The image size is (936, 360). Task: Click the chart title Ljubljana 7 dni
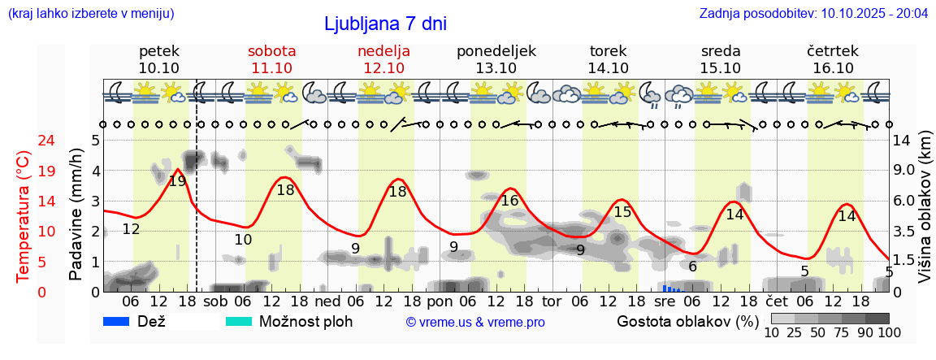385,24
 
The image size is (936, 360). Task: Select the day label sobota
271,51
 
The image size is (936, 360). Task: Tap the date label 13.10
496,68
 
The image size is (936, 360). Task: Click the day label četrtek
833,51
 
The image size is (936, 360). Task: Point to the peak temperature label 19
177,181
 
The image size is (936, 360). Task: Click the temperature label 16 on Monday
509,201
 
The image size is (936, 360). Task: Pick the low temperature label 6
692,267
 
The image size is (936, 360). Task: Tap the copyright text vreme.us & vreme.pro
475,322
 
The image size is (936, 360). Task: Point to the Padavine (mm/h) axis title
76,215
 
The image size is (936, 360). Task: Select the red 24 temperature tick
24,141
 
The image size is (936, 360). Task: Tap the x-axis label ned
327,301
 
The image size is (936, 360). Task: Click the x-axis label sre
665,301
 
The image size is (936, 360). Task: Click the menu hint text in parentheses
90,14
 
